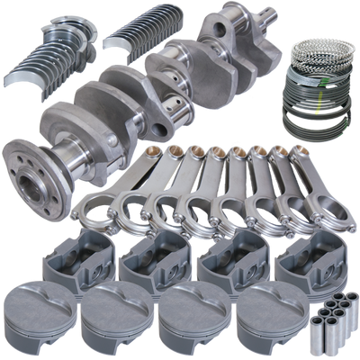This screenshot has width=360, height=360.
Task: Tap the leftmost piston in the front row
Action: [40, 310]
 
